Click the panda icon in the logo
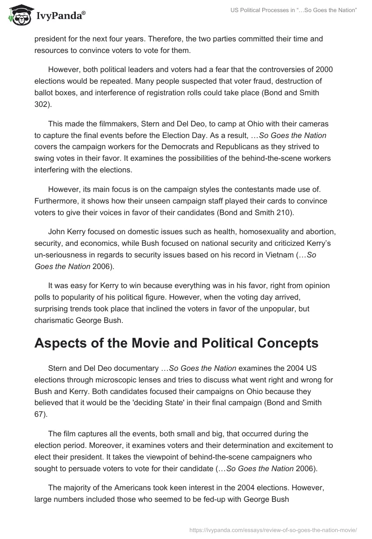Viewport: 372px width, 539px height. (19, 15)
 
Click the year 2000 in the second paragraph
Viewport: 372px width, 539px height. (324, 69)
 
